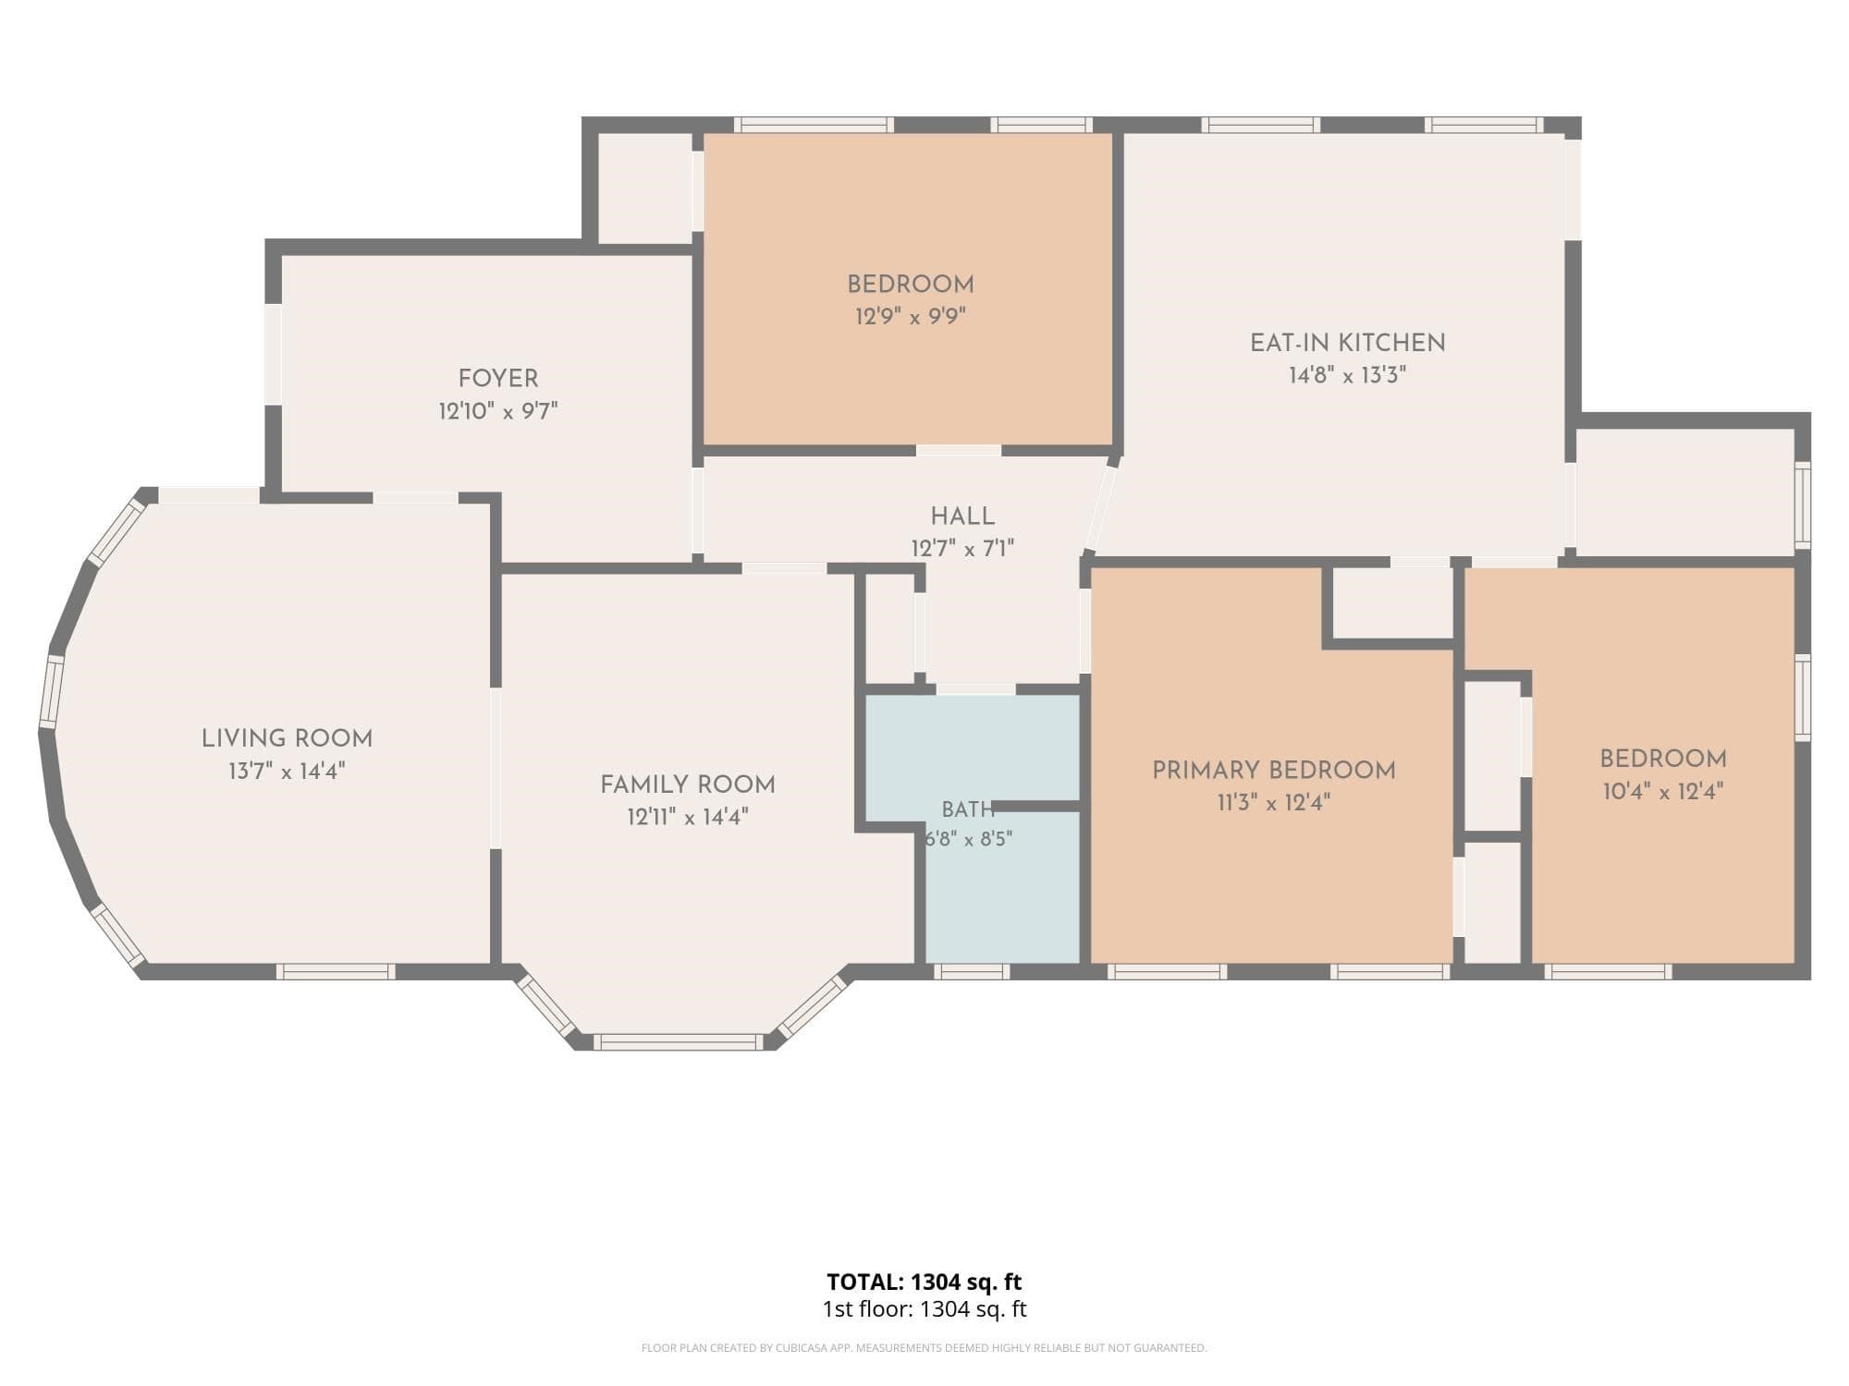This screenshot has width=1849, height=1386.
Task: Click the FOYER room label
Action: pos(498,379)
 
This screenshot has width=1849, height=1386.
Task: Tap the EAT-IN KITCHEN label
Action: pos(1347,343)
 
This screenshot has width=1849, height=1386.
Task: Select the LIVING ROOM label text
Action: pos(287,739)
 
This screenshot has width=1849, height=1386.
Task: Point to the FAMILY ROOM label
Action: pos(688,784)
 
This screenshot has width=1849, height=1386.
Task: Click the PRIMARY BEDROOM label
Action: pos(1274,771)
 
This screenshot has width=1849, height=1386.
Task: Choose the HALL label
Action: pos(962,517)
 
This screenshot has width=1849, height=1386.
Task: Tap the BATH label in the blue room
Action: pos(968,810)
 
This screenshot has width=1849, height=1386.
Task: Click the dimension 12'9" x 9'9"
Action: pos(911,317)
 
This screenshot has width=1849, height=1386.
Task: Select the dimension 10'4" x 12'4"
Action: pos(1663,792)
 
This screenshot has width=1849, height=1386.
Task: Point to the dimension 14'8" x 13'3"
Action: pos(1347,375)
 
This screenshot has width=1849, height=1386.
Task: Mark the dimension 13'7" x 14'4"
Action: pos(287,772)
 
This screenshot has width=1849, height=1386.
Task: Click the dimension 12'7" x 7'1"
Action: pos(962,549)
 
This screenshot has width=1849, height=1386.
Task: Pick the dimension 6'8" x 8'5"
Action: pos(969,839)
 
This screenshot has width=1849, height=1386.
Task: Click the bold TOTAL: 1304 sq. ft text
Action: pos(924,1282)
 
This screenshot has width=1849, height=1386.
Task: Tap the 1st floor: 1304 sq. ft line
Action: pos(924,1309)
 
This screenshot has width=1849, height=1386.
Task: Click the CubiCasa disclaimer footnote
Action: pos(924,1348)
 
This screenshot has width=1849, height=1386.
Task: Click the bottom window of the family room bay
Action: pos(679,1042)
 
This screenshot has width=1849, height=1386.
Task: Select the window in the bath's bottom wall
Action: pos(971,971)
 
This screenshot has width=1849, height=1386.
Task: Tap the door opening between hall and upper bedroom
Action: pos(959,450)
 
